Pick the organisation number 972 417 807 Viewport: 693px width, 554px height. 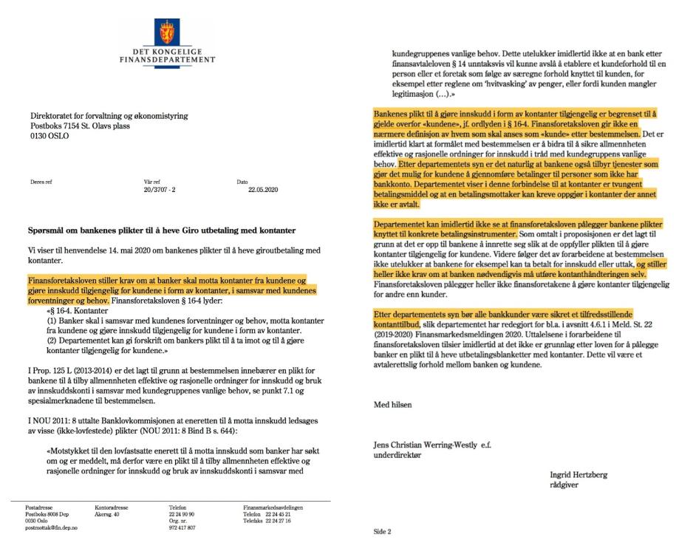(x=182, y=528)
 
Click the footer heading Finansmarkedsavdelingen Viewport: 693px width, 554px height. (x=273, y=507)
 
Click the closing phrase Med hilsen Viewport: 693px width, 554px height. (x=392, y=405)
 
